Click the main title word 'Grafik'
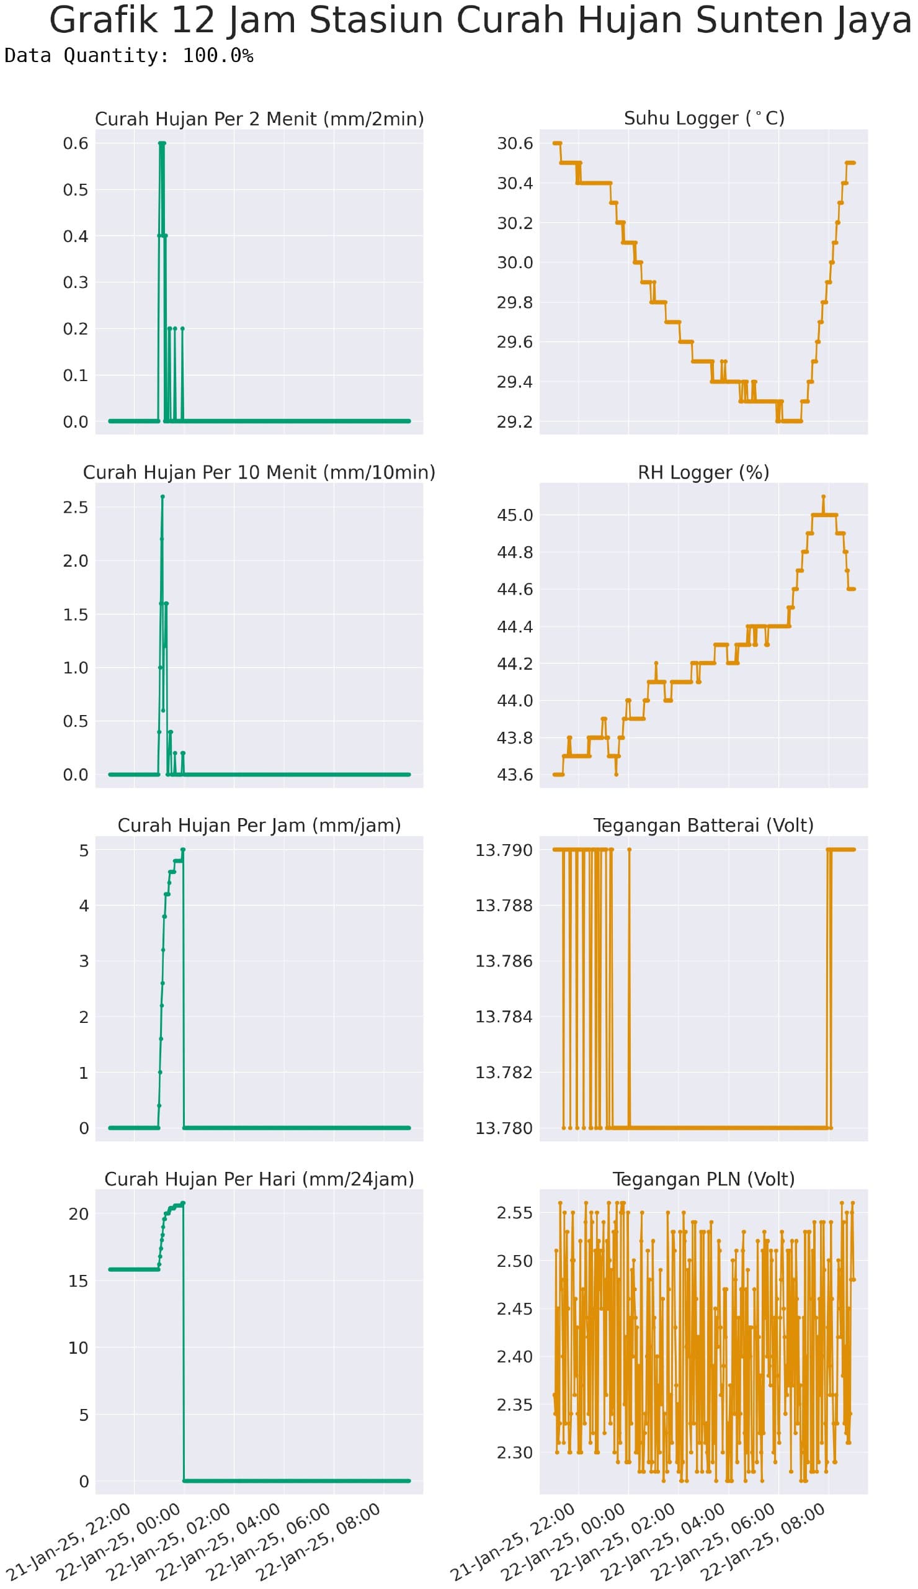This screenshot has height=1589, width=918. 104,20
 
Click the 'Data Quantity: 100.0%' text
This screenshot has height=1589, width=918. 128,55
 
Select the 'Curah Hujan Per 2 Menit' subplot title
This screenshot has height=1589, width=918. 259,119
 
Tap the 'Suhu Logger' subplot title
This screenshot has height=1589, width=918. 703,118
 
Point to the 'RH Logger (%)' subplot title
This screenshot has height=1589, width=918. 703,472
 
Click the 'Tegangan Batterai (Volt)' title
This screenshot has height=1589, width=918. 703,826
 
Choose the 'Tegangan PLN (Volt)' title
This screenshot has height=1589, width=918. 703,1179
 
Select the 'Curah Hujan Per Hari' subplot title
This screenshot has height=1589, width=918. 259,1179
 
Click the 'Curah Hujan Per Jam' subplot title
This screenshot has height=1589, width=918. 259,826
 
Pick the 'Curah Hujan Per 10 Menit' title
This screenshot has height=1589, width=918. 259,472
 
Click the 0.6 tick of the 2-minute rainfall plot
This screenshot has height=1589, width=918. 76,143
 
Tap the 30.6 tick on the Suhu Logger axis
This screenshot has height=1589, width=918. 515,143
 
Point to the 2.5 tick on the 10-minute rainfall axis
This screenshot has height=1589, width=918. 76,508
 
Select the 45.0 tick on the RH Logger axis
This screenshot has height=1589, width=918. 515,515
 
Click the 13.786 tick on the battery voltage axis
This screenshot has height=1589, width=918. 504,961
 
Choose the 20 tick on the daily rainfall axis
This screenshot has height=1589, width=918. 79,1214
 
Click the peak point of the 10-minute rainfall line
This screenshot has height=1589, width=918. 163,497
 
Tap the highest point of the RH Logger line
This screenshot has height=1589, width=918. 824,497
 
